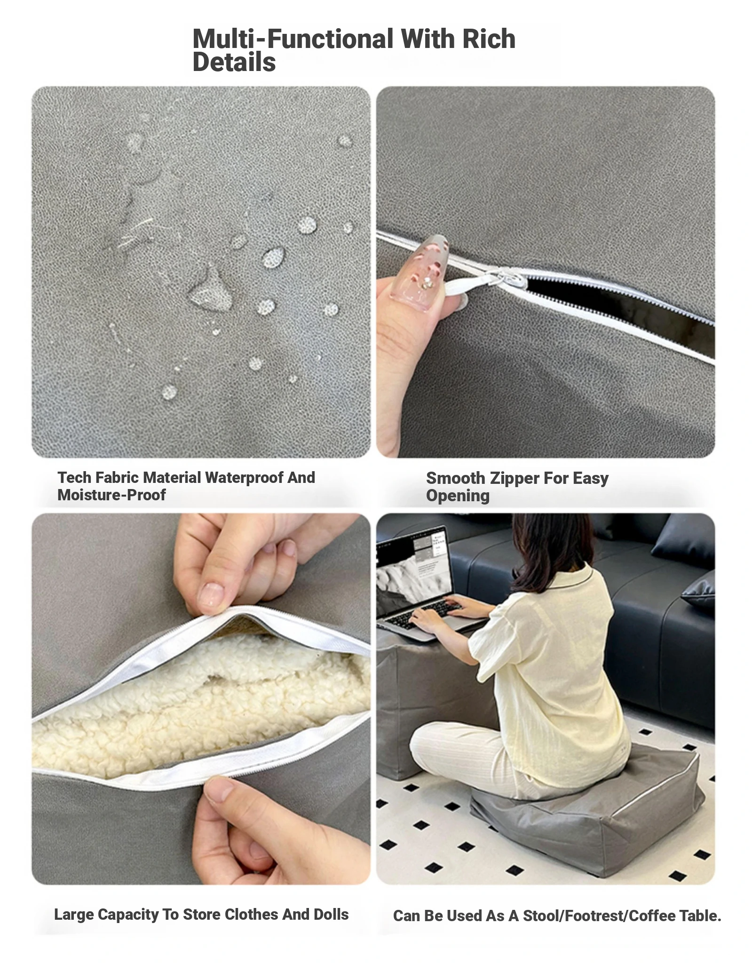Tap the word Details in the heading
234,62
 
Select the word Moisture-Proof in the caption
111,495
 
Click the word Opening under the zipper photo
458,496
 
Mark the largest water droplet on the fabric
210,289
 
